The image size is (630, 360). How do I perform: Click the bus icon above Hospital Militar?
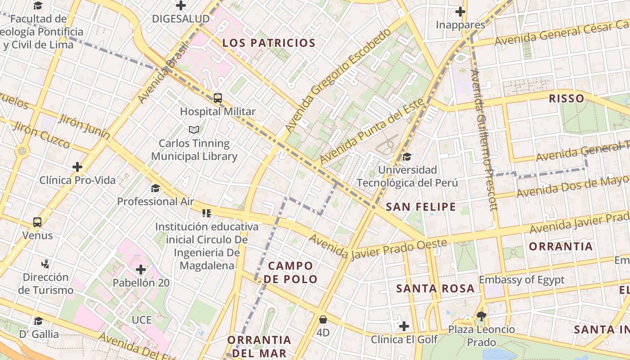pos(218,98)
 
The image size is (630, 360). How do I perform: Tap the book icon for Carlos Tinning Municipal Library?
pos(194,130)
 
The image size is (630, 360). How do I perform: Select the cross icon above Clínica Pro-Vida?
pos(77,167)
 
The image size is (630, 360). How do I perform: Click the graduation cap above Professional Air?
pos(155,188)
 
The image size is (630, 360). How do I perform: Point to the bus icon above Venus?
pos(37,222)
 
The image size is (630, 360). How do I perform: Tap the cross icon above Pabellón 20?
pos(141,270)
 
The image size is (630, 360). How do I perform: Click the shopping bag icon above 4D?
pos(323,320)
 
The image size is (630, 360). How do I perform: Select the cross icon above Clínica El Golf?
pos(404,326)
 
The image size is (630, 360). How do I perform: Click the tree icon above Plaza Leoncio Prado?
pos(481,316)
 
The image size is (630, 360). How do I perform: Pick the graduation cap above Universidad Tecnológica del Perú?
pos(407,157)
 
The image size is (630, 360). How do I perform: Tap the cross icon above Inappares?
pos(460,12)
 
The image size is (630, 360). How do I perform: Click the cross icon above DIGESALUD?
pos(181,5)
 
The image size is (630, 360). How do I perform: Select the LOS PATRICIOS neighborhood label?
pos(269,43)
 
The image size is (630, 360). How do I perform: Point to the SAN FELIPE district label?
pos(421,207)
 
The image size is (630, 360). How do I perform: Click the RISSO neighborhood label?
pos(567,99)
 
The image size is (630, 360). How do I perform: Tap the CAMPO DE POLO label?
pos(290,272)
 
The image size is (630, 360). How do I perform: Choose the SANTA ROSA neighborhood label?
pos(435,288)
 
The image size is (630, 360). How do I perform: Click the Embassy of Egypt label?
pos(521,280)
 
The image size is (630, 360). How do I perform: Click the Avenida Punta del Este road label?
pos(372,131)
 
